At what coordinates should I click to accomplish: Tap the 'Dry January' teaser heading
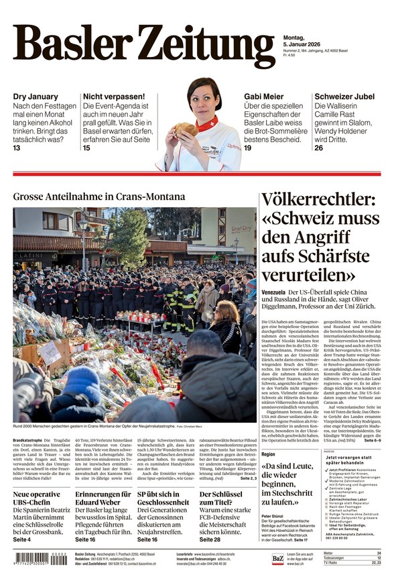pyautogui.click(x=36, y=97)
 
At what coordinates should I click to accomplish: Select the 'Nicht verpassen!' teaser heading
pyautogui.click(x=113, y=97)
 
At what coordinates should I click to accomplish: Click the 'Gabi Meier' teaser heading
pyautogui.click(x=263, y=97)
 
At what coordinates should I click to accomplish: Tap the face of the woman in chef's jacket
pyautogui.click(x=204, y=101)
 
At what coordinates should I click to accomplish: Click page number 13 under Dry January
pyautogui.click(x=17, y=148)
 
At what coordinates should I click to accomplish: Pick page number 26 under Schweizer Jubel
pyautogui.click(x=319, y=148)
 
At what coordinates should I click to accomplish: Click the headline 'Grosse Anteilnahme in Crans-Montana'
pyautogui.click(x=99, y=197)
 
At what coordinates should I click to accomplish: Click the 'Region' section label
pyautogui.click(x=268, y=454)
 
